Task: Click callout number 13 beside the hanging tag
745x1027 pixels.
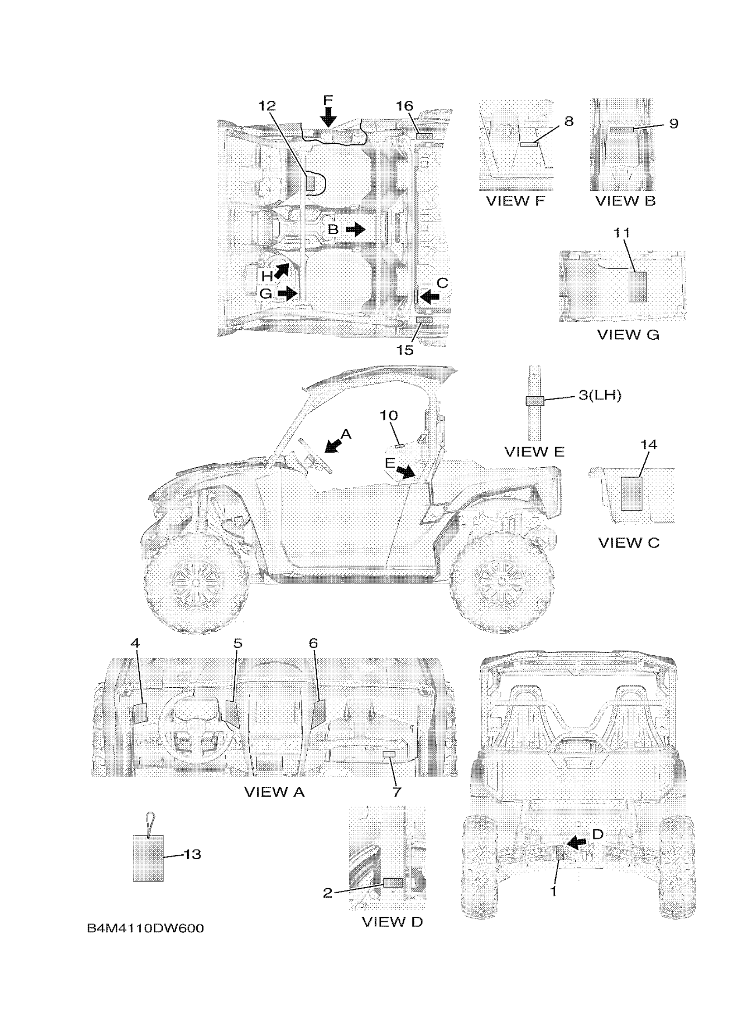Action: pyautogui.click(x=192, y=854)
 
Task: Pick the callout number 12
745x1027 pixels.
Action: pyautogui.click(x=267, y=106)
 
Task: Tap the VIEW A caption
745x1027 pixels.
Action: pyautogui.click(x=274, y=792)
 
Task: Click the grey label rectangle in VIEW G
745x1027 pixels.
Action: pyautogui.click(x=637, y=287)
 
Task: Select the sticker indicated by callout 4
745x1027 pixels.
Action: pyautogui.click(x=140, y=714)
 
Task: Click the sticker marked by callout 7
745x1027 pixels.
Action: pyautogui.click(x=389, y=754)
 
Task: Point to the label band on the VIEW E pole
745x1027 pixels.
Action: pyautogui.click(x=535, y=401)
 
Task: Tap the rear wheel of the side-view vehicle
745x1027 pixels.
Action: pyautogui.click(x=502, y=581)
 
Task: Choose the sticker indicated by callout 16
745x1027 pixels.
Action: pyautogui.click(x=424, y=136)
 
